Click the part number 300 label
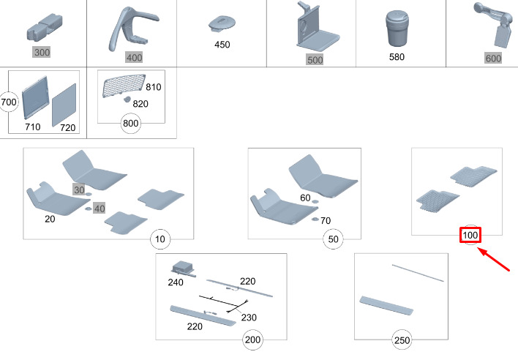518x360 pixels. coord(42,53)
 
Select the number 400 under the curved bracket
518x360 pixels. coord(133,57)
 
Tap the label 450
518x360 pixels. coord(222,45)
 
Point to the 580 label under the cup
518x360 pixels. coord(397,56)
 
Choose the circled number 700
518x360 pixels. coord(9,102)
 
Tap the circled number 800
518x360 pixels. coord(131,124)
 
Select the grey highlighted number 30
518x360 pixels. coord(79,189)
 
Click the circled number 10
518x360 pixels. coord(159,239)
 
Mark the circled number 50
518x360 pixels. coord(334,239)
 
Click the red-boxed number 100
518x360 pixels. coord(470,236)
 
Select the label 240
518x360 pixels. coord(176,281)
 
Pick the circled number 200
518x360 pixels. coord(253,340)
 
